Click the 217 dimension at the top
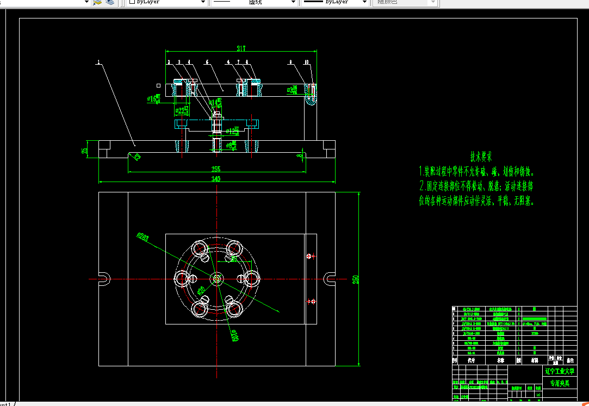pos(241,48)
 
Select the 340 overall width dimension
pos(216,179)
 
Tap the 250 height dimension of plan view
pos(356,279)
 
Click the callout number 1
pos(98,63)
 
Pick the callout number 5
pos(207,63)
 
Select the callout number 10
pos(307,63)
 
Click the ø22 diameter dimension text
pos(182,111)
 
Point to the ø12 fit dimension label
pos(233,132)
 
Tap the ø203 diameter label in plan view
pos(143,236)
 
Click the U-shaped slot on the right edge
pos(330,279)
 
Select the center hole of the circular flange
pos(217,279)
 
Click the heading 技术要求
pos(481,157)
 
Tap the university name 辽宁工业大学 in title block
pos(560,372)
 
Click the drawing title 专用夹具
pos(560,383)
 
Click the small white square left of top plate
pos(158,85)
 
